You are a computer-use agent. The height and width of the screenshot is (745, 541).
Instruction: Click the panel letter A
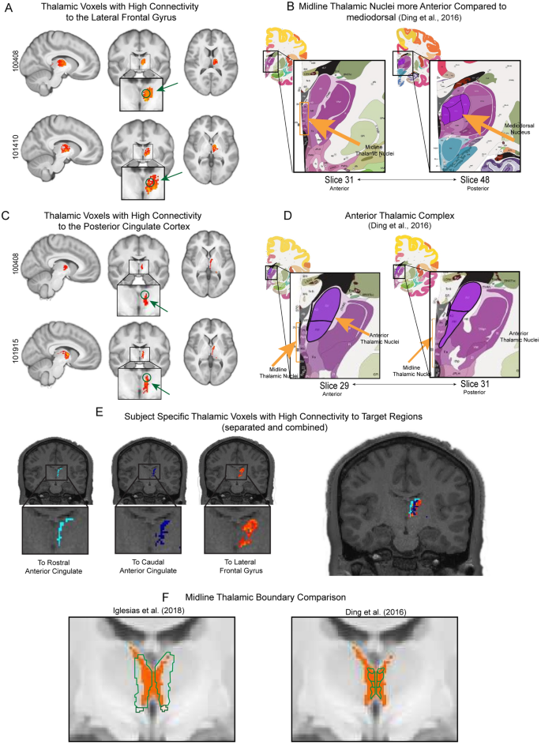[9, 8]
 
